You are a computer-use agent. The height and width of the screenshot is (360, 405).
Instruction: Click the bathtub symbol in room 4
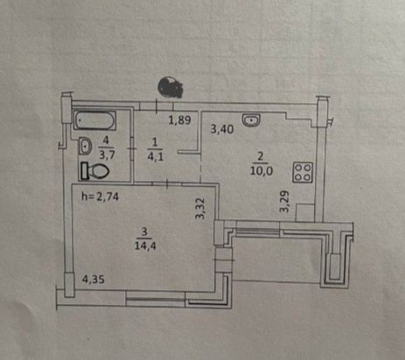pos(94,121)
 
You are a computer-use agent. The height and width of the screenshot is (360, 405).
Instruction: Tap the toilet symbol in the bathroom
pos(95,170)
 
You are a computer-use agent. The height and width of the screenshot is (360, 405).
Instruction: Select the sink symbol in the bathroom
pos(85,146)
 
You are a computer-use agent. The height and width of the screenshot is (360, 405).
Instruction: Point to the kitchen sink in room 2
pos(251,121)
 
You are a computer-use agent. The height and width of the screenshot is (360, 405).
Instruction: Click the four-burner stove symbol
pos(303,172)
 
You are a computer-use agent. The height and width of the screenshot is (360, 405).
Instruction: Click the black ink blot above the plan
pos(170,87)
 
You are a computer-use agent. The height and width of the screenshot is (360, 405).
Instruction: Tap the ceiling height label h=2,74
pos(100,197)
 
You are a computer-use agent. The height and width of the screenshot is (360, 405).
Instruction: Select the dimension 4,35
pos(93,280)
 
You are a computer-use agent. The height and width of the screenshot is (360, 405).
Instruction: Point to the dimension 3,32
pos(200,208)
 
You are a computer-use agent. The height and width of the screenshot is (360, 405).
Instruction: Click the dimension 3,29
pos(284,201)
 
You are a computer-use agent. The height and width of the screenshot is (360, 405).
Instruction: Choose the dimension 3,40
pos(222,128)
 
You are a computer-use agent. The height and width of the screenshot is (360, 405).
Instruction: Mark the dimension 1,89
pos(180,120)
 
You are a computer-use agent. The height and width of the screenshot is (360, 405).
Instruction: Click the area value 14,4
pos(145,246)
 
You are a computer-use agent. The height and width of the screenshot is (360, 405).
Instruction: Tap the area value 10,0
pos(262,170)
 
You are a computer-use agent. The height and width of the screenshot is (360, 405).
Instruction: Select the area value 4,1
pos(156,156)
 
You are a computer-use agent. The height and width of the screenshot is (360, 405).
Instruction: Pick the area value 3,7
pos(107,155)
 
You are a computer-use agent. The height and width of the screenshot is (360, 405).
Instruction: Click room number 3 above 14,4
pos(144,232)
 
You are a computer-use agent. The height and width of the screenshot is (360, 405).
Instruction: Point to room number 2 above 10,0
pos(260,156)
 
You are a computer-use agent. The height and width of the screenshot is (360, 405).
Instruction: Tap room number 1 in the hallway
pos(155,142)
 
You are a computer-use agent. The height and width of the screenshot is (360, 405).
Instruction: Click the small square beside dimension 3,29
pos(305,212)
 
